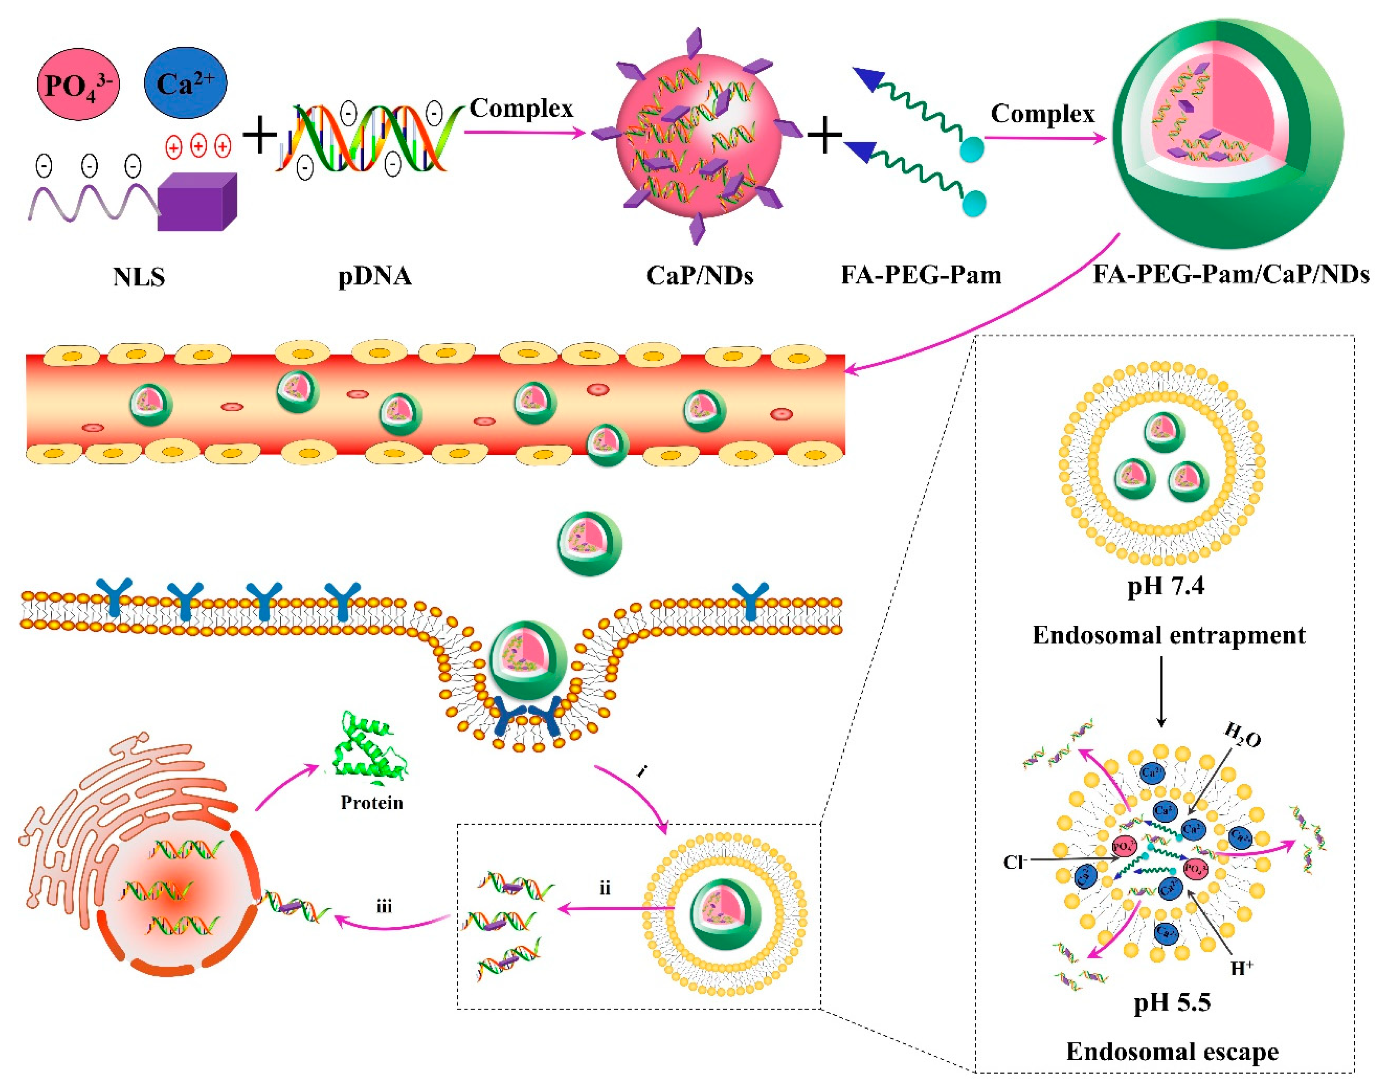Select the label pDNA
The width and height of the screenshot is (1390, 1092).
pos(375,276)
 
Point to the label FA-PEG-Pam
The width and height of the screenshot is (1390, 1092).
pos(921,275)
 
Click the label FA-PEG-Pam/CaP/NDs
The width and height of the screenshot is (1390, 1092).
pos(1231,275)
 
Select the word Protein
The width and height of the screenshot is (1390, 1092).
pos(372,803)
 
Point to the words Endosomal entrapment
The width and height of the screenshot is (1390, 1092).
pos(1169,636)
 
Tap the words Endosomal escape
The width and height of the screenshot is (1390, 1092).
pos(1172,1052)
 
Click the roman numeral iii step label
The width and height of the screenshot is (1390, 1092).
pos(384,906)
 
